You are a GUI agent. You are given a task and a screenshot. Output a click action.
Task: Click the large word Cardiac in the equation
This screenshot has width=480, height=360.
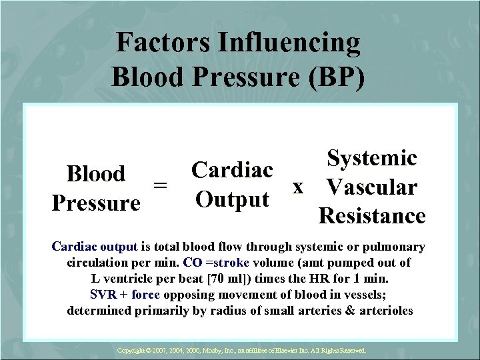[231, 170]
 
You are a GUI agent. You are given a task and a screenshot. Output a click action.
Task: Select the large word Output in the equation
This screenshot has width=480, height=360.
[231, 199]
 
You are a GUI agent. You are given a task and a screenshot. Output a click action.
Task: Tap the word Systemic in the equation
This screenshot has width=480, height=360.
[371, 158]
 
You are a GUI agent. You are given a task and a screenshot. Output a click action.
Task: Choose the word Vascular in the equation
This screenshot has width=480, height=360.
[371, 187]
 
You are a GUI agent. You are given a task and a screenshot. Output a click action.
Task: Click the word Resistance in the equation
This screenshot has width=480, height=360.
[371, 216]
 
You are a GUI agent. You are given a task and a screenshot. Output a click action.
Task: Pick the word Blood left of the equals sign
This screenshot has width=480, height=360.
[95, 174]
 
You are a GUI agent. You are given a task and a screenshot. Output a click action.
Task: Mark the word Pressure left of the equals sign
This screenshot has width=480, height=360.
[95, 203]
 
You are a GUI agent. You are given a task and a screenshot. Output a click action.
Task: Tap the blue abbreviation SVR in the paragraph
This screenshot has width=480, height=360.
[103, 295]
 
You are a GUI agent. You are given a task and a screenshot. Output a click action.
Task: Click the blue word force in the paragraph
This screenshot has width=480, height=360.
[145, 295]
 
